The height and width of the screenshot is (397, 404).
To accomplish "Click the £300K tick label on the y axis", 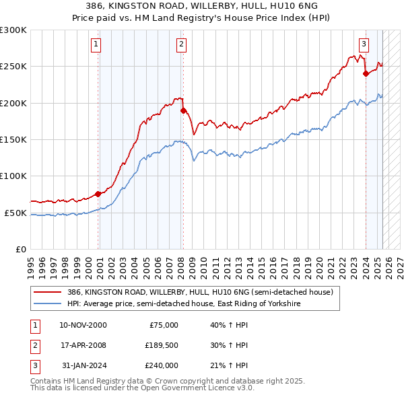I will pos(13,30).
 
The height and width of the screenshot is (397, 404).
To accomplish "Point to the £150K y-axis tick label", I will pos(13,139).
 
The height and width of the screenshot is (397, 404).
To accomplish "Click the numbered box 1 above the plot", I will pos(96,45).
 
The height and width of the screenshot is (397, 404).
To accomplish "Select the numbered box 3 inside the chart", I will pos(364,45).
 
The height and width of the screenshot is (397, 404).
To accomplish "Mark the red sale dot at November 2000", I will pos(98,194).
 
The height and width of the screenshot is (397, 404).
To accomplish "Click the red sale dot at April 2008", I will pos(183,111).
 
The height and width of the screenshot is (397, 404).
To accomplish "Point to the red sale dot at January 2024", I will pos(366,74).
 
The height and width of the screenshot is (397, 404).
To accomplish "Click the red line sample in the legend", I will pos(48,293).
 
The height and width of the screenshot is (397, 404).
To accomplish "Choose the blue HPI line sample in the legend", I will pos(48,303).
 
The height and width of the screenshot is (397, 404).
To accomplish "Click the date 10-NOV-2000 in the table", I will pos(83,325).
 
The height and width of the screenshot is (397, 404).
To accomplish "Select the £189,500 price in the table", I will pos(161,345).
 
